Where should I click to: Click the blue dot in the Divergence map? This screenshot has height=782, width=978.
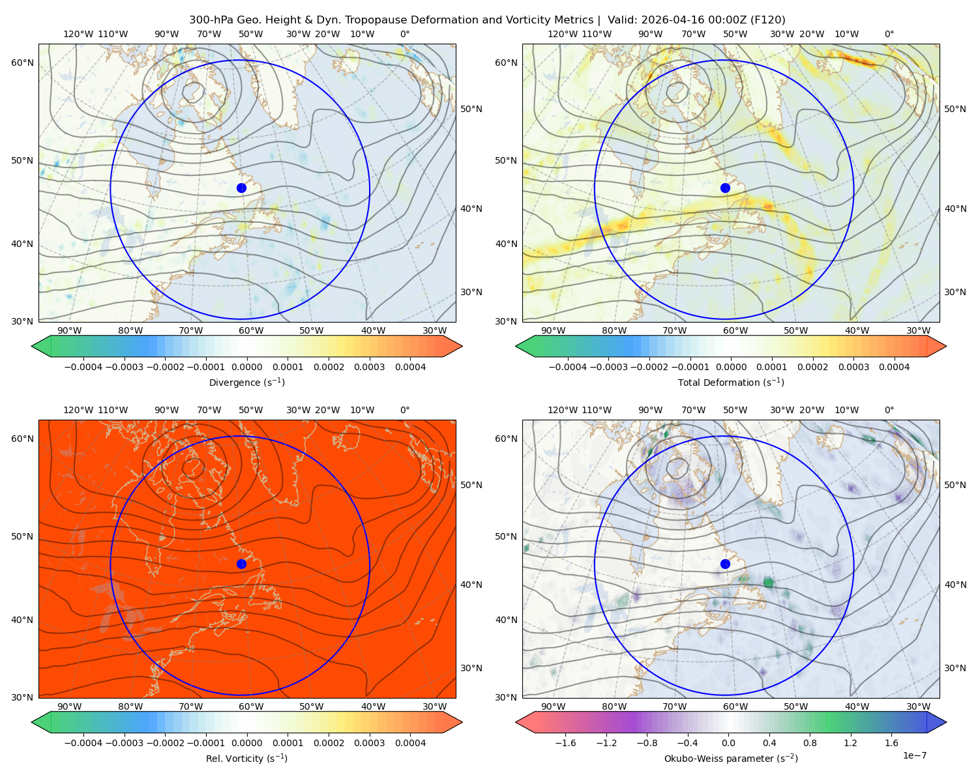point(241,188)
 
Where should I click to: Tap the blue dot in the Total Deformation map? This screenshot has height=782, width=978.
point(725,188)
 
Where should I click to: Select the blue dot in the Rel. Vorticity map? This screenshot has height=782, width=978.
point(241,564)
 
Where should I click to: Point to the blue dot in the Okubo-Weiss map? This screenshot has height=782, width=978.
point(725,564)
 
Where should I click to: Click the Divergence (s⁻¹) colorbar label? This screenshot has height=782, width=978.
point(246,382)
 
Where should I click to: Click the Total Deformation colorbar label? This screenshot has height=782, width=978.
point(731,382)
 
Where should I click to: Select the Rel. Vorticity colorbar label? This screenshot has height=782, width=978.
point(246,758)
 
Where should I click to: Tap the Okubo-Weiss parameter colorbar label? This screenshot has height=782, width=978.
point(731,758)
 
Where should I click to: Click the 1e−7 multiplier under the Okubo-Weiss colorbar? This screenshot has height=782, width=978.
point(914,755)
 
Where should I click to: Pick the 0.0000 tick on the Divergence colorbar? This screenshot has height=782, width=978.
point(246,367)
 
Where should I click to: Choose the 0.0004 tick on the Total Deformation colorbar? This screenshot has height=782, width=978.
point(894,367)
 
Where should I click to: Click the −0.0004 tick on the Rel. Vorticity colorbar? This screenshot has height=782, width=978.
point(83,742)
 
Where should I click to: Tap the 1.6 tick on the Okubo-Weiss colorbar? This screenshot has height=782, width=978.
point(891,742)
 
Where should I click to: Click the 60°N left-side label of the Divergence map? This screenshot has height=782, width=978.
point(22,63)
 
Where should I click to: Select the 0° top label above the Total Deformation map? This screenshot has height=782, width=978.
point(889,34)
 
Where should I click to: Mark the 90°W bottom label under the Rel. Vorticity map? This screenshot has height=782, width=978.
point(70,706)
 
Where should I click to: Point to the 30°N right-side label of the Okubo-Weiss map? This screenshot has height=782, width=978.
point(955,667)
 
